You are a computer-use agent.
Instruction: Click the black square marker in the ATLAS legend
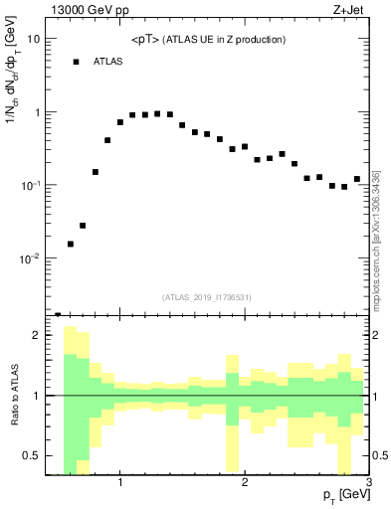pyautogui.click(x=76, y=62)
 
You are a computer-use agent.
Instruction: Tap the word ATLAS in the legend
pyautogui.click(x=108, y=62)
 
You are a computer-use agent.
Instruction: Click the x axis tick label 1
pyautogui.click(x=120, y=483)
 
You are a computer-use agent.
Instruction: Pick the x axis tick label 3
pyautogui.click(x=368, y=483)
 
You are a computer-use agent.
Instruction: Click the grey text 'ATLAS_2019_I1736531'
pyautogui.click(x=207, y=296)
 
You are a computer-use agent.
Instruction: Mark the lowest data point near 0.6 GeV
pyautogui.click(x=71, y=244)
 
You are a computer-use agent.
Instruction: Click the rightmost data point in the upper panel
pyautogui.click(x=357, y=179)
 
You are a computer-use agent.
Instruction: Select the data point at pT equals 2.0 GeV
pyautogui.click(x=245, y=146)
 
